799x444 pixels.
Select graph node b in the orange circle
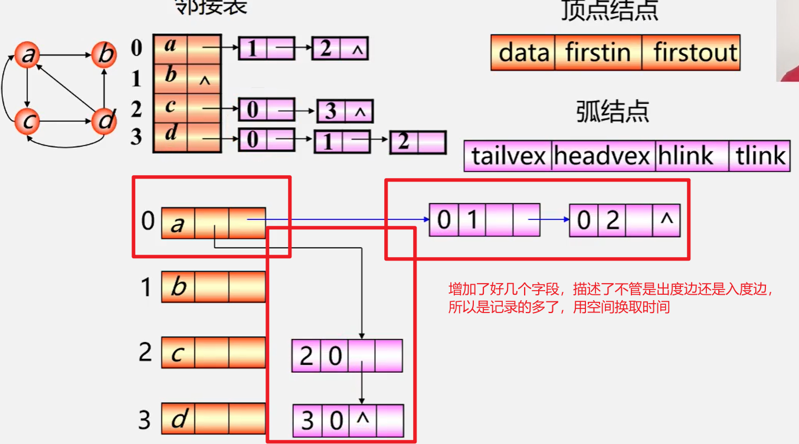104,55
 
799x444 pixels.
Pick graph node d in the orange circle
104,122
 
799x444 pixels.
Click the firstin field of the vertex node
598,52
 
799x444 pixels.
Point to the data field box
523,52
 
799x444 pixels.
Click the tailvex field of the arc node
508,156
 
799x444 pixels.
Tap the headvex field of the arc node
602,156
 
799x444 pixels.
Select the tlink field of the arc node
759,156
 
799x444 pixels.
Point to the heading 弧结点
613,111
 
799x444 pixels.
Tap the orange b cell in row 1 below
178,287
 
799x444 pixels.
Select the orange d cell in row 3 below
178,420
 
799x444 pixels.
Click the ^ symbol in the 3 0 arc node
363,420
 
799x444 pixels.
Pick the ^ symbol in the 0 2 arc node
666,219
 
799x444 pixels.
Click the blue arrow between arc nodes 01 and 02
549,219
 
